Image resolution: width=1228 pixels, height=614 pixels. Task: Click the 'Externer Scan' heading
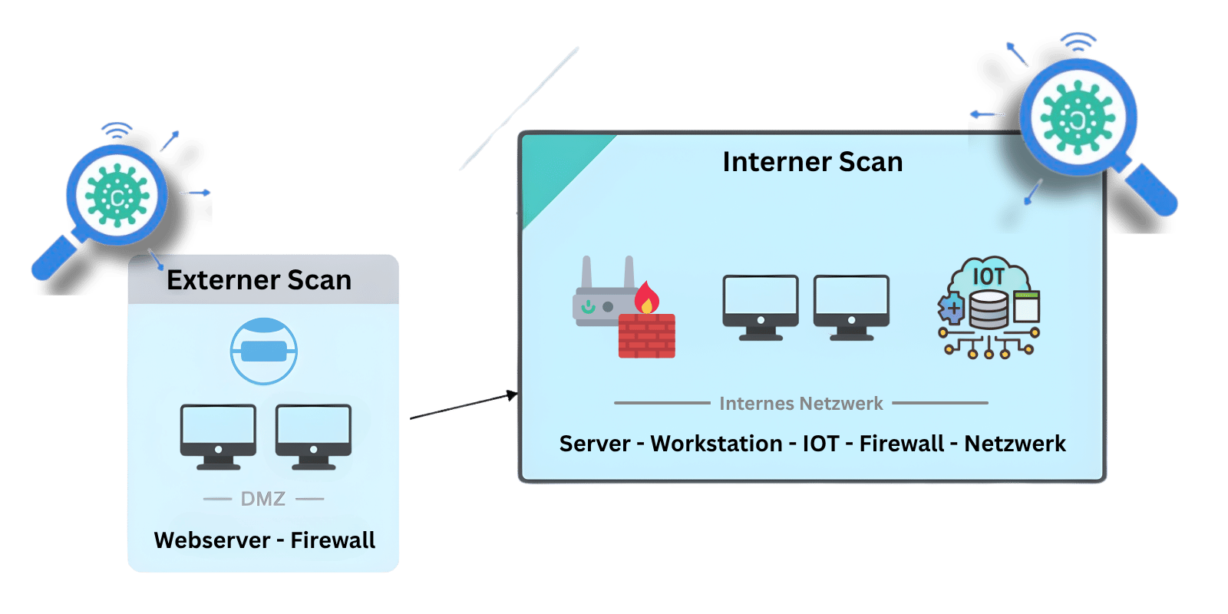(x=259, y=280)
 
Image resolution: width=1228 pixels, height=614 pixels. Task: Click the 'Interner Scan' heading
(x=812, y=162)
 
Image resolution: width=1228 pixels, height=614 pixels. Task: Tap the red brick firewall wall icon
(x=647, y=336)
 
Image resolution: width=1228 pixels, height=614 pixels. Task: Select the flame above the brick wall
(x=646, y=298)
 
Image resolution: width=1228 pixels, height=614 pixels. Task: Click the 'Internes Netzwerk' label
(x=801, y=403)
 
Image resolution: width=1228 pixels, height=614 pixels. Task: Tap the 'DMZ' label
(x=262, y=499)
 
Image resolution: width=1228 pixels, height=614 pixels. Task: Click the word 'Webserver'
(x=212, y=540)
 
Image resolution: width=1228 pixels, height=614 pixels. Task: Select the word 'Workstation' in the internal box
(x=716, y=444)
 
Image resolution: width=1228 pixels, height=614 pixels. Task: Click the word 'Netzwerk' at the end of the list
(x=1015, y=444)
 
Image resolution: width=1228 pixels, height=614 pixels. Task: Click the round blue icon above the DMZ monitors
(x=263, y=351)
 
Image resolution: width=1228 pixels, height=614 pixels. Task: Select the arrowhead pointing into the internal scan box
(x=512, y=396)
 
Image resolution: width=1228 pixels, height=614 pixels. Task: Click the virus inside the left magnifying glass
(x=117, y=196)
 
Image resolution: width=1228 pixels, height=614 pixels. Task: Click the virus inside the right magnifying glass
(x=1078, y=117)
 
